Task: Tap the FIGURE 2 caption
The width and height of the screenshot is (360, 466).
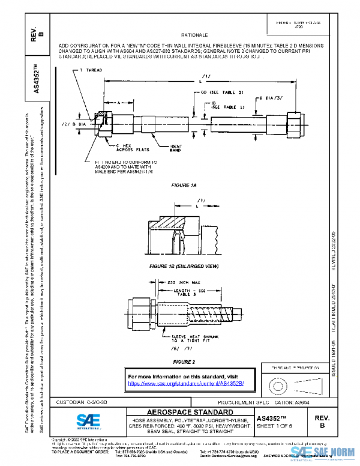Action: tap(184, 362)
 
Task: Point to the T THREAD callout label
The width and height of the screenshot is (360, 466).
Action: tap(91, 71)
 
